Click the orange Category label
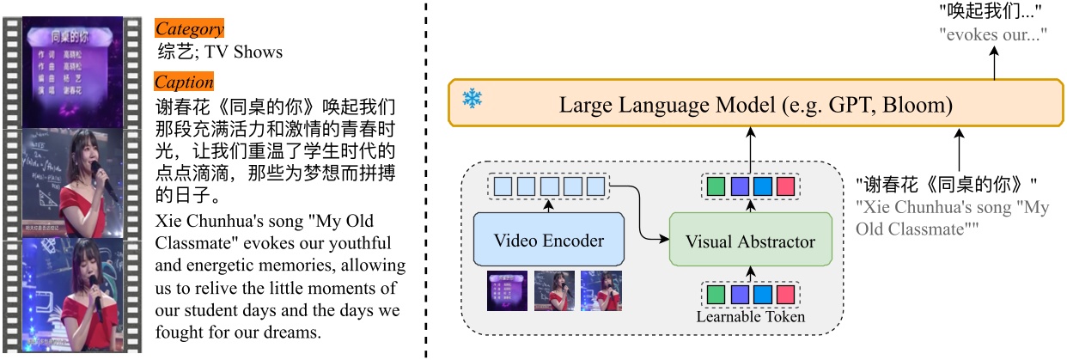click(189, 29)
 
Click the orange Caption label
click(184, 82)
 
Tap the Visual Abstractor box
click(751, 241)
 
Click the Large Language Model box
click(754, 106)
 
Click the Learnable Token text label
click(751, 317)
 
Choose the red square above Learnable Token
click(784, 295)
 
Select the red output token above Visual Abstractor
click(784, 185)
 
